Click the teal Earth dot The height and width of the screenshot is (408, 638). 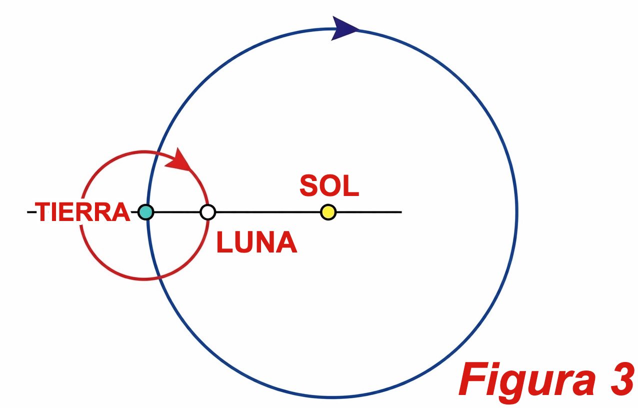tap(146, 212)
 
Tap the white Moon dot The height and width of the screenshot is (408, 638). tap(207, 212)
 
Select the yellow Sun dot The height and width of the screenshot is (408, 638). tap(328, 212)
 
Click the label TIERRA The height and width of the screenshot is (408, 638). tap(82, 212)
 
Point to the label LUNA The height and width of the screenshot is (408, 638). tap(256, 242)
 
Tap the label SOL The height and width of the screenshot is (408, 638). tap(329, 186)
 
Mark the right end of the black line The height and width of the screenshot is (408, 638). tap(401, 212)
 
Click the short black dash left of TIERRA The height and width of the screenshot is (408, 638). tap(31, 212)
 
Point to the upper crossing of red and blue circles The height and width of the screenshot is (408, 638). tap(157, 152)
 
